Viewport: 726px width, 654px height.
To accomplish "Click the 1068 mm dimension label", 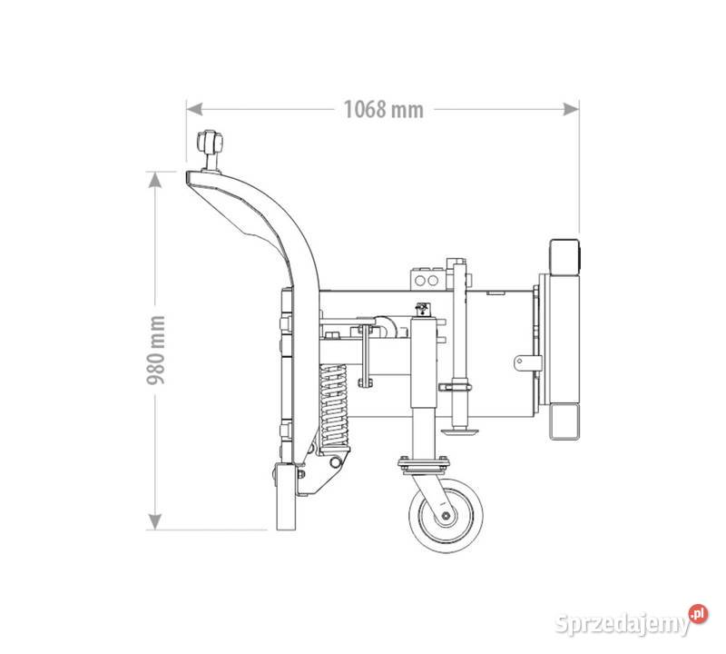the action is (383, 109).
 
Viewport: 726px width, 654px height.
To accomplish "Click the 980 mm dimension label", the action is (156, 350).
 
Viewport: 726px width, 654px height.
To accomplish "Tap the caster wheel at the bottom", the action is (446, 515).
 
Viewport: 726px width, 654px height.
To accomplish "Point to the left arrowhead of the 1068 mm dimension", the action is (194, 109).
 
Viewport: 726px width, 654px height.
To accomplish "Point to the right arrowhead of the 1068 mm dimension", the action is (571, 109).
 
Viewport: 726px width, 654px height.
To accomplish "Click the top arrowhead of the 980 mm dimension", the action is (154, 180).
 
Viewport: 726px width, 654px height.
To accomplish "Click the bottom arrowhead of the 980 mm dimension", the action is (154, 521).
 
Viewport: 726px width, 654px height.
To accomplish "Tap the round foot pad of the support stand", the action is (459, 432).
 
